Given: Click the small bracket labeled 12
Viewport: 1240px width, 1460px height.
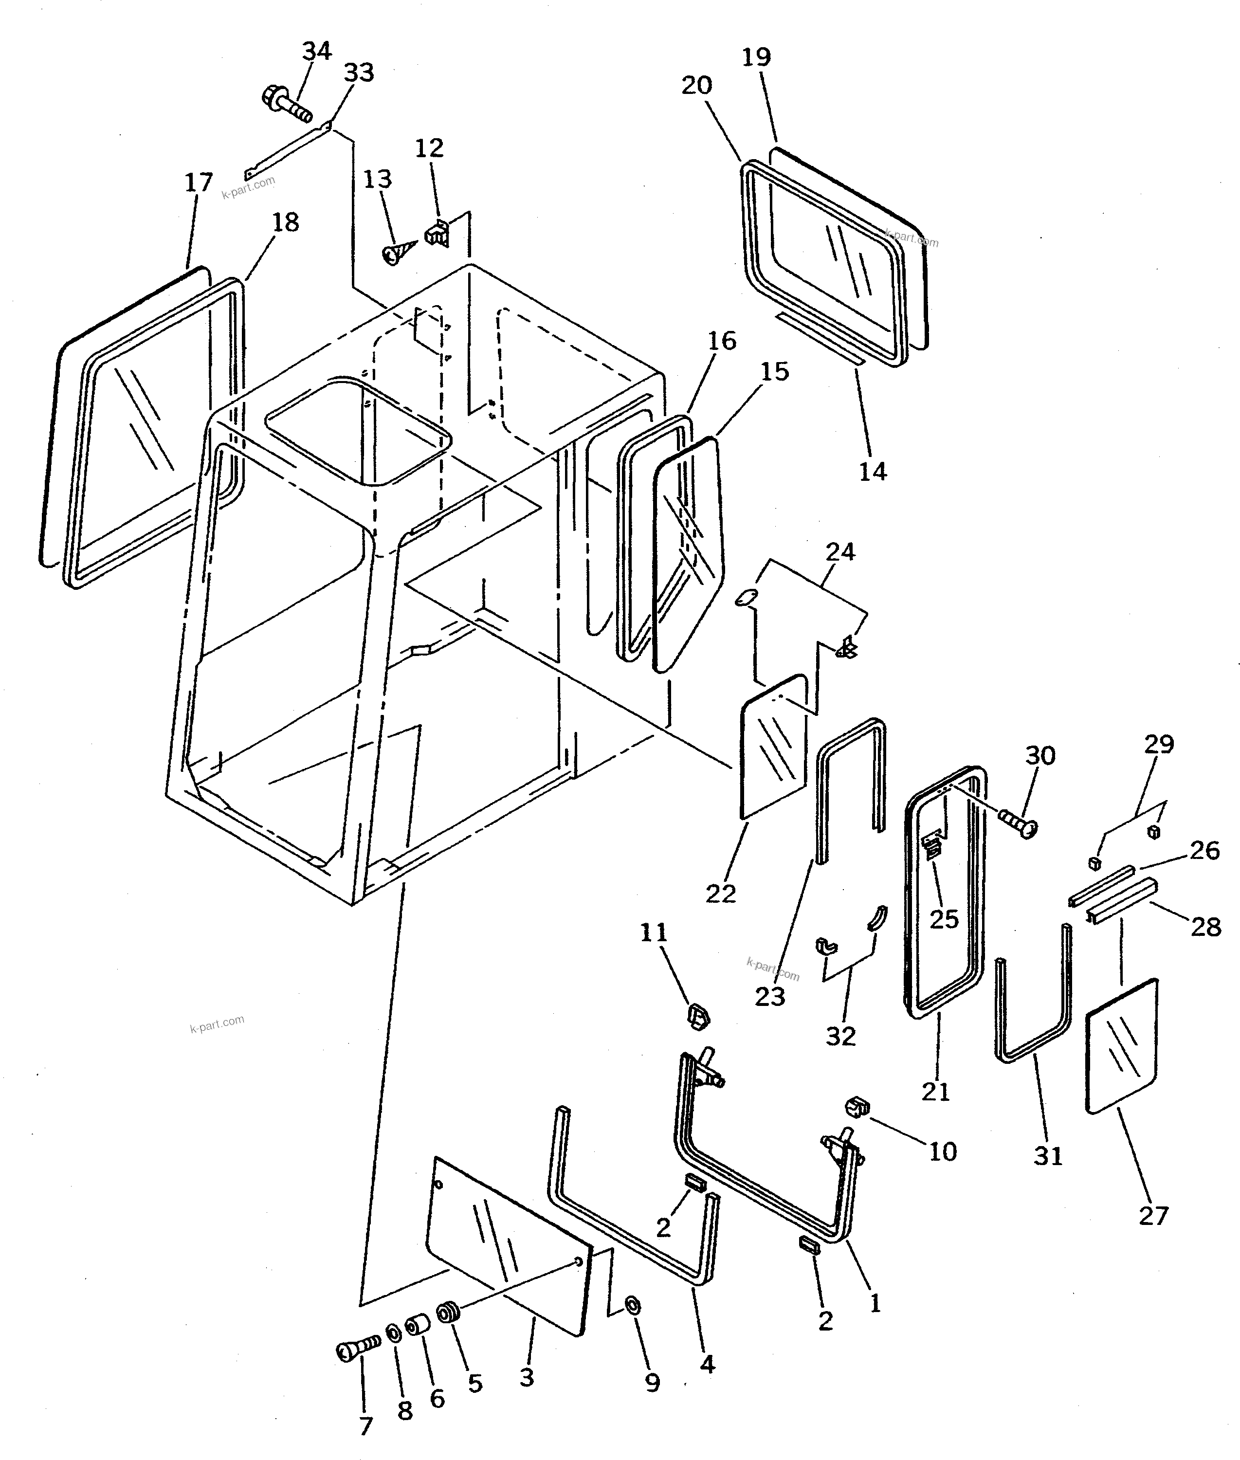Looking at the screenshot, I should click(x=437, y=234).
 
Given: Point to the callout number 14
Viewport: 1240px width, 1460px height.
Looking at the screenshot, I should click(x=873, y=471).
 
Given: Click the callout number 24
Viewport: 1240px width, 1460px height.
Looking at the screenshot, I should click(x=840, y=552).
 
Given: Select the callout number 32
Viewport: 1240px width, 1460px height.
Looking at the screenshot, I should click(x=841, y=1036).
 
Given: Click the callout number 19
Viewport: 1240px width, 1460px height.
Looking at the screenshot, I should click(x=756, y=57).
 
